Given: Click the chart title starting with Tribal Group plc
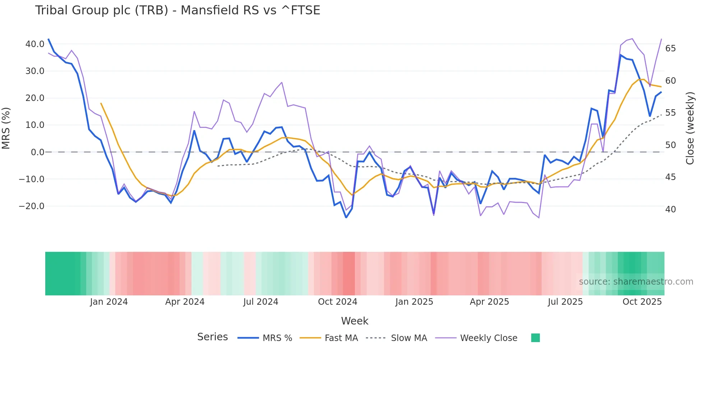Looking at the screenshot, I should coord(177,10).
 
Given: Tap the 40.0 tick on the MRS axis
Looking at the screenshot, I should coord(35,44).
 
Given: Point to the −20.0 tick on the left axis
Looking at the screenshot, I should coord(32,206).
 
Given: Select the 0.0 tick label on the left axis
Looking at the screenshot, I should coord(38,152).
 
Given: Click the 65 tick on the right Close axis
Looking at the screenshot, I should coord(670,49).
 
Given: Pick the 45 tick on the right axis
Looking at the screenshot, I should coord(670,177).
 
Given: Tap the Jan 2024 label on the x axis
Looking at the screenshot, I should coord(109,302).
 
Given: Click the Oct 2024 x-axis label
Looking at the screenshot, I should coord(337,302).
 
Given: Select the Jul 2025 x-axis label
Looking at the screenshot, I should coord(565,302).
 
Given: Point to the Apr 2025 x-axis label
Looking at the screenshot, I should coord(489,302).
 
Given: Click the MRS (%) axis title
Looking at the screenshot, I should coord(6,128).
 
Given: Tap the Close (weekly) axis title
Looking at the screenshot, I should coord(690,128).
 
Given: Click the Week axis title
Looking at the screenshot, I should coord(355,321).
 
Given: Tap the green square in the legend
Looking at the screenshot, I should coord(535,338).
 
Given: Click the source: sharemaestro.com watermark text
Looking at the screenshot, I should coord(636,282).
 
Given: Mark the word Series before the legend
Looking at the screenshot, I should coord(212,337).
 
